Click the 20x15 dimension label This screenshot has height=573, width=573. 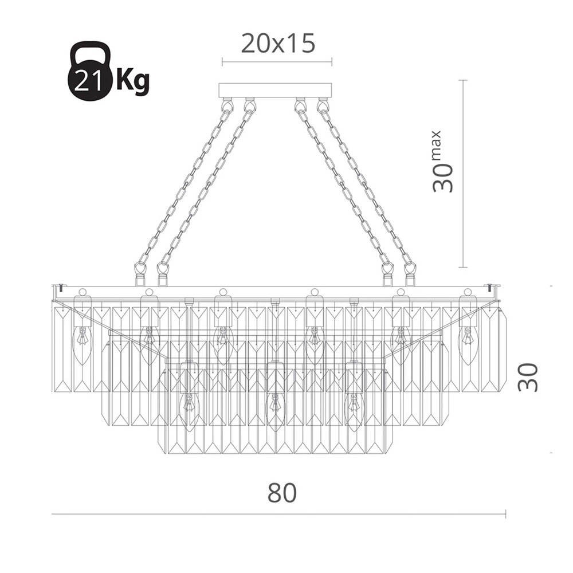tap(278, 44)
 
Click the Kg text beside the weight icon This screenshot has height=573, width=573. tap(133, 80)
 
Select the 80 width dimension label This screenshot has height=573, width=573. tap(282, 492)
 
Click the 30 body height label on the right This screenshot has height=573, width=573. tap(528, 378)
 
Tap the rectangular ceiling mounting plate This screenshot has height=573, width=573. tap(275, 91)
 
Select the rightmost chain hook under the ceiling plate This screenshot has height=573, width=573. tap(322, 104)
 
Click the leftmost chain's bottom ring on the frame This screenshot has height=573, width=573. tap(139, 270)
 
